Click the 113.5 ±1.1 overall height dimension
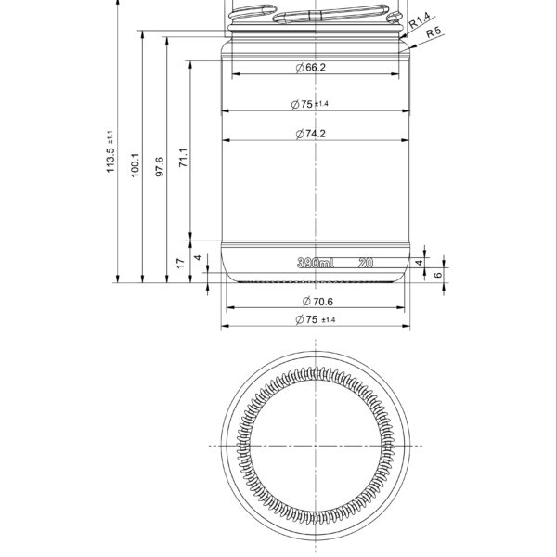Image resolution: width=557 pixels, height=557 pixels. [x=111, y=152]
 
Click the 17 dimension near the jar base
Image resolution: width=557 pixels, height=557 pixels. [x=182, y=264]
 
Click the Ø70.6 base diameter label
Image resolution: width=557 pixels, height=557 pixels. [x=316, y=301]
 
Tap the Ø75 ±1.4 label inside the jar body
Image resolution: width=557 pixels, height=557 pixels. [x=316, y=104]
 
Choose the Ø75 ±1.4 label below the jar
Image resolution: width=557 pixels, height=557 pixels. [x=316, y=319]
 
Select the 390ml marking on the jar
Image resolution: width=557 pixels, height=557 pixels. [x=316, y=264]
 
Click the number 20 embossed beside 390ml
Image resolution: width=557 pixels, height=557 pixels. [x=365, y=264]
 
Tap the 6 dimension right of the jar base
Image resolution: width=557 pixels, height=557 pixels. [x=437, y=276]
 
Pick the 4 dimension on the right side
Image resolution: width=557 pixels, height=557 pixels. [x=420, y=264]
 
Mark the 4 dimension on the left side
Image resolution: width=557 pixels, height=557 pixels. [x=197, y=257]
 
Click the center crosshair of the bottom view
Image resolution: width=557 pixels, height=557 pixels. [x=316, y=446]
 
